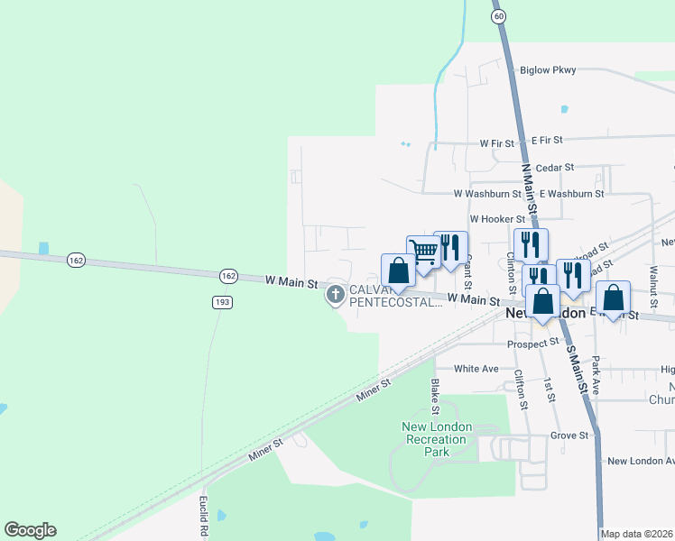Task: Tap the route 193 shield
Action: (221, 302)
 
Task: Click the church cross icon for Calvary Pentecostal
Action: (336, 294)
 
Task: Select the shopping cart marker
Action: (422, 252)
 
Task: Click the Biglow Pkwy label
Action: (548, 69)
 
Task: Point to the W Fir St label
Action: (497, 142)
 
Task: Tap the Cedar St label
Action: (555, 168)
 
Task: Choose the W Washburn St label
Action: (487, 193)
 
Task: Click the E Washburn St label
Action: (572, 193)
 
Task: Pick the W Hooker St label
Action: (497, 219)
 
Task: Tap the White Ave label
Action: (476, 369)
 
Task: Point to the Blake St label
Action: (435, 391)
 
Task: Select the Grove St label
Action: (569, 435)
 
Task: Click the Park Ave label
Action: (596, 374)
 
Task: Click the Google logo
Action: (30, 530)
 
